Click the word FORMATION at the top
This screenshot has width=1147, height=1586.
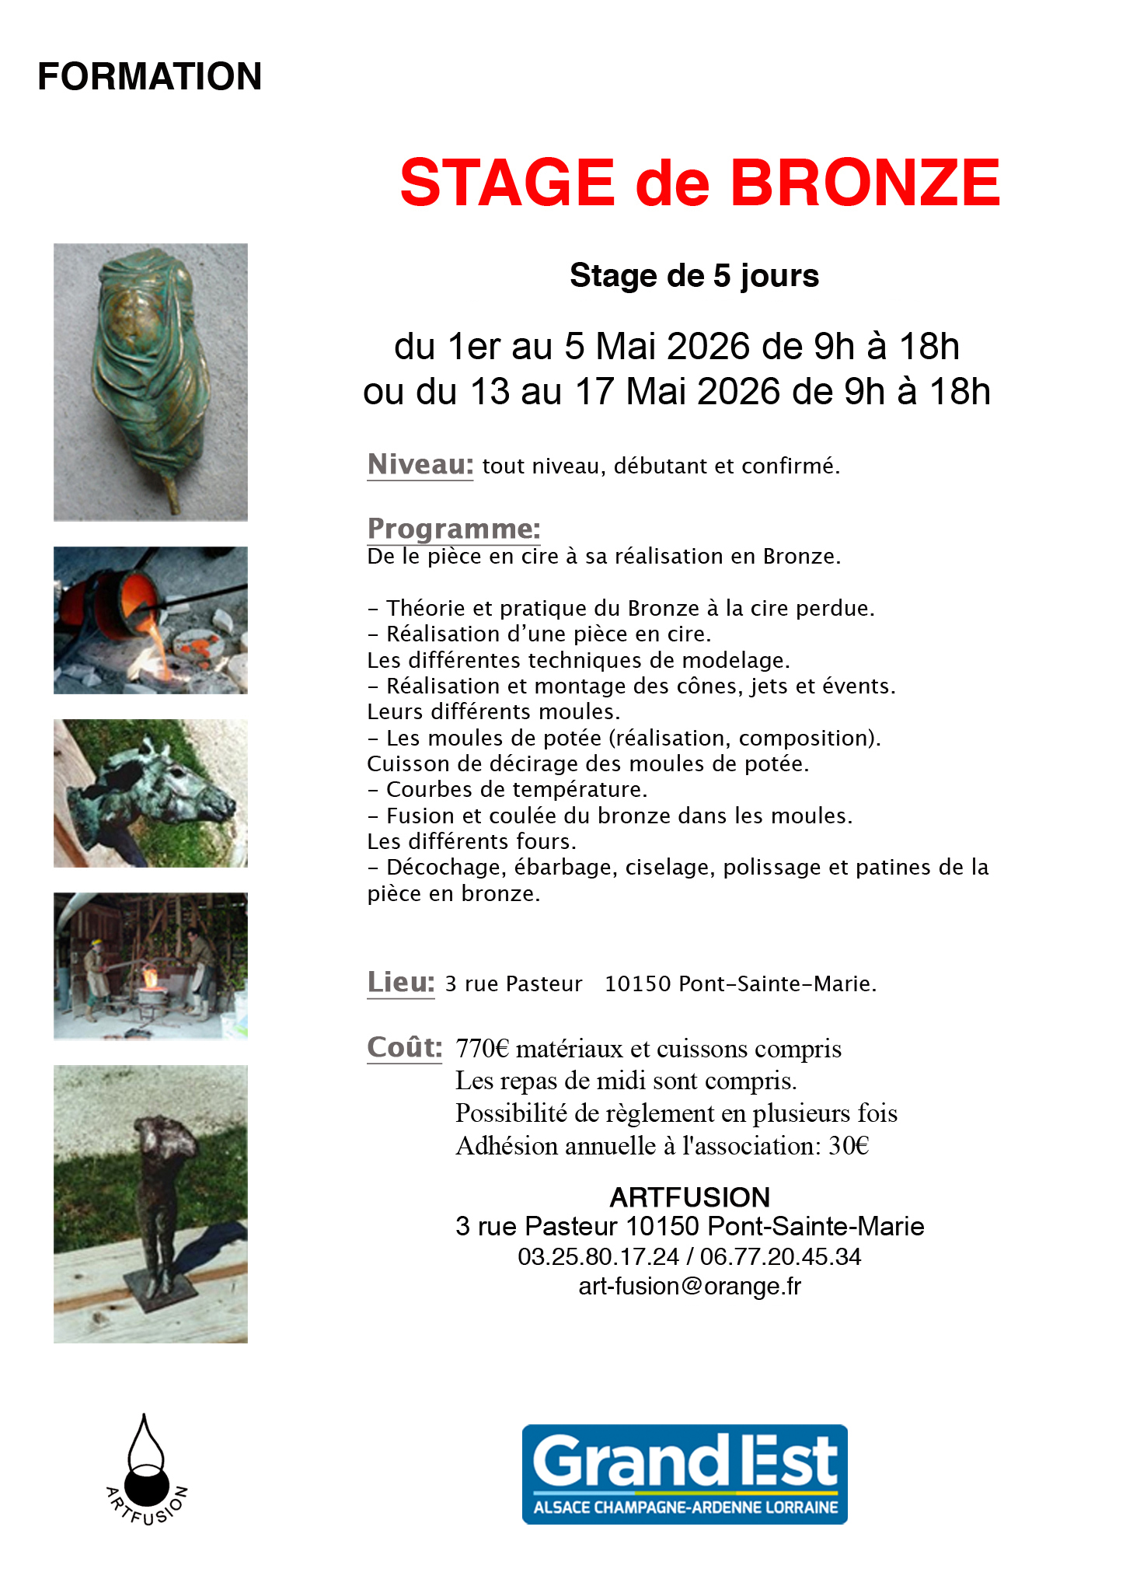[149, 77]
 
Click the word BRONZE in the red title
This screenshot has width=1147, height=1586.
[864, 183]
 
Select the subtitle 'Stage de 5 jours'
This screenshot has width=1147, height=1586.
[694, 276]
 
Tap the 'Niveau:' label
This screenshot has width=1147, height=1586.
[420, 465]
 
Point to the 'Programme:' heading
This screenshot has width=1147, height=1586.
[454, 529]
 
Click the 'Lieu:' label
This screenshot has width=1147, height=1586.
[401, 983]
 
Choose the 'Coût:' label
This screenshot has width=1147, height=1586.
[405, 1048]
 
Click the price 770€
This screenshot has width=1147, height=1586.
[482, 1049]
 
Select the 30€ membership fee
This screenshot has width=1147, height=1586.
[849, 1146]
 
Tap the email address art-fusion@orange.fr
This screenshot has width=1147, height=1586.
[689, 1287]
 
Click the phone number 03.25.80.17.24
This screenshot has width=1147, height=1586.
[598, 1257]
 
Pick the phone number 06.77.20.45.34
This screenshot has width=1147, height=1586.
[780, 1257]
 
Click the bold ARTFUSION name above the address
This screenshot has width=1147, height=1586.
[689, 1197]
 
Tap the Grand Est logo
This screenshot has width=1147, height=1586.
[685, 1474]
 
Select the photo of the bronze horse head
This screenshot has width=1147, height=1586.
[151, 793]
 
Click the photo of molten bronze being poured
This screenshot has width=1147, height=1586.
[151, 620]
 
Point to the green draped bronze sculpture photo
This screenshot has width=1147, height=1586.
[151, 382]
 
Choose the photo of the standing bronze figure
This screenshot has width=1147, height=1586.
[151, 1203]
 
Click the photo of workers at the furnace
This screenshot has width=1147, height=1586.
[151, 966]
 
